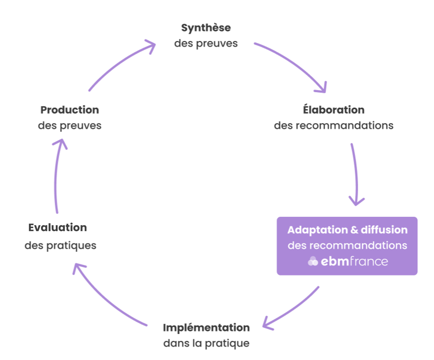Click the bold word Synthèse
click(206, 28)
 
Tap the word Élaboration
click(334, 110)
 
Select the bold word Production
click(70, 110)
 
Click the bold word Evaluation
click(58, 227)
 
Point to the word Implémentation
click(206, 327)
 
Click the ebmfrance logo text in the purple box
click(354, 261)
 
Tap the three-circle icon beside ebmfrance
click(313, 261)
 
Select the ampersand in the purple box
click(354, 230)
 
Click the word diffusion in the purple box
click(384, 230)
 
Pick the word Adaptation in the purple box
click(317, 230)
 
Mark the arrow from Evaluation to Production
click(56, 176)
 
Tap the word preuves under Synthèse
click(217, 44)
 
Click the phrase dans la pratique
click(206, 343)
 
